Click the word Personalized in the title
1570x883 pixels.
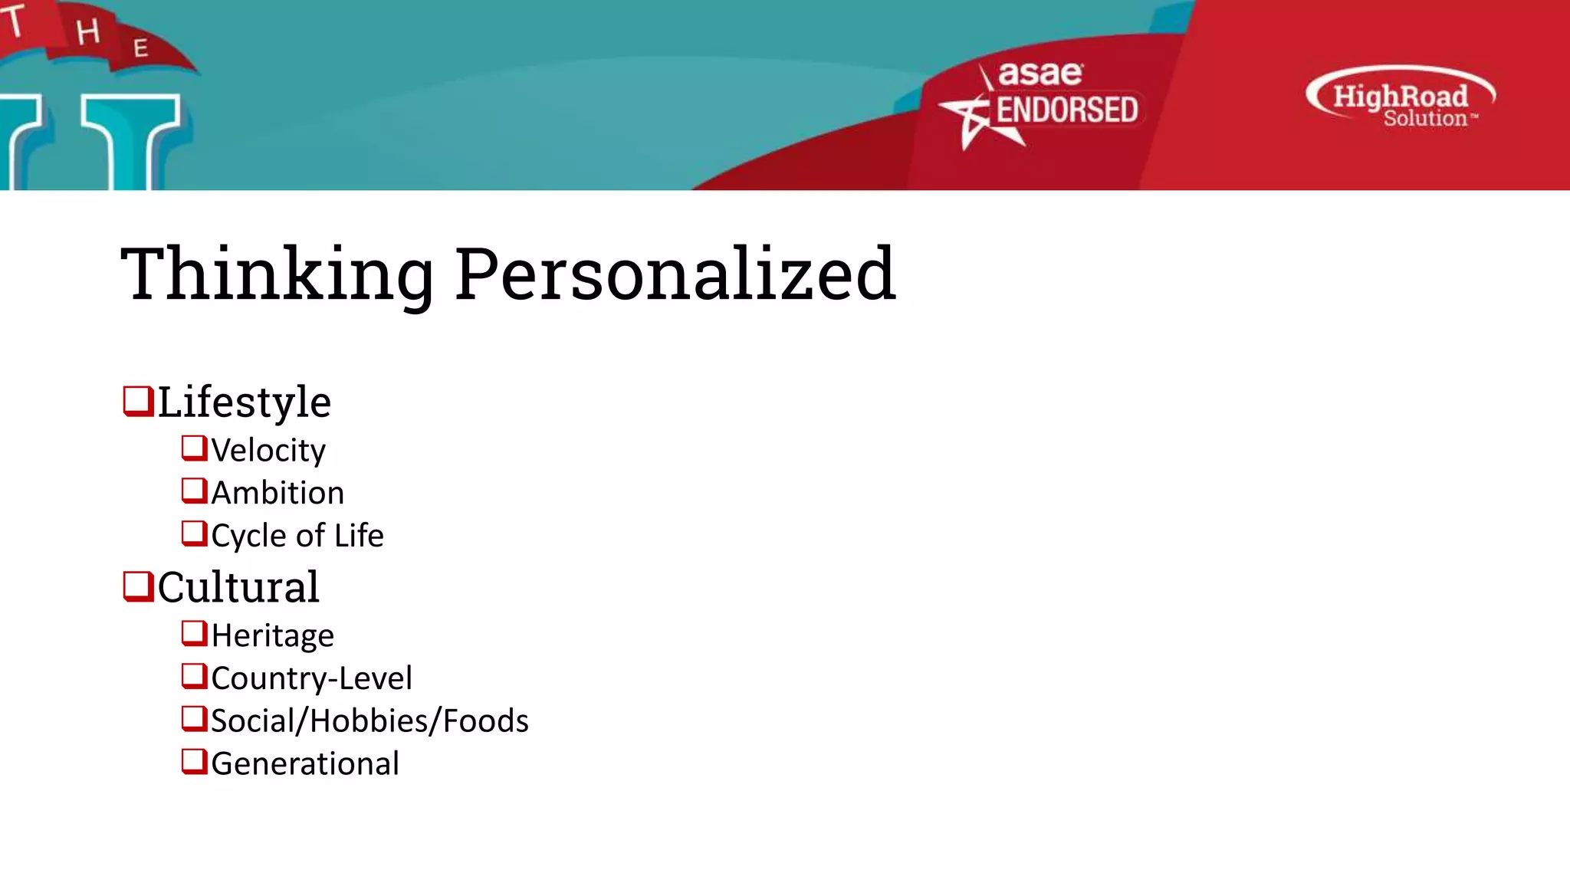coord(675,274)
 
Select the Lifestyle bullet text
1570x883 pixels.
coord(245,402)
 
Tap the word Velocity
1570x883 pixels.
coord(268,451)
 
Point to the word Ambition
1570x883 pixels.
coord(278,493)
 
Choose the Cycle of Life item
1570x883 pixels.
coord(297,536)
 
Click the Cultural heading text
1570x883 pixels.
coord(238,587)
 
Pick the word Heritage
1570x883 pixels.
coord(273,636)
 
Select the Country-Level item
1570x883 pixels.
coord(311,678)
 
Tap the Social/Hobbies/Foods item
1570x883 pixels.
coord(370,721)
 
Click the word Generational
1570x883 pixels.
coord(305,764)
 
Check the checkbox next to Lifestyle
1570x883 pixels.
coord(138,401)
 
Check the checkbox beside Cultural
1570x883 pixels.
coord(138,586)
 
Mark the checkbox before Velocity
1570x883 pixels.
coord(194,448)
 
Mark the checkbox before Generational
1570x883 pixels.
coord(194,762)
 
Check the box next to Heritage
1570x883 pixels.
coord(194,634)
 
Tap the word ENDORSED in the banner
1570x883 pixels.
coord(1066,110)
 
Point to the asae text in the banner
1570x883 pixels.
coord(1040,74)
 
